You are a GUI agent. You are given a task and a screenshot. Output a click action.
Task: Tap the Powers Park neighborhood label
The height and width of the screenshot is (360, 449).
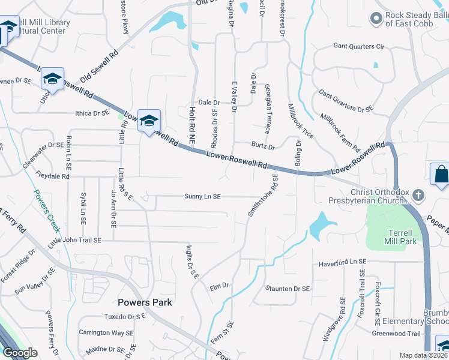(145, 302)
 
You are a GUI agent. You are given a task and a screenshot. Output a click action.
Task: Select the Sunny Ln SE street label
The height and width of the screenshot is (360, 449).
(203, 196)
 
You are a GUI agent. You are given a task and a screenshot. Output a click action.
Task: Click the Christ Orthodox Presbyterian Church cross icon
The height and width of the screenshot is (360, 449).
(419, 195)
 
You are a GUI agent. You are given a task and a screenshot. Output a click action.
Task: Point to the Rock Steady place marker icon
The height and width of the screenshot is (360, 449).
(376, 19)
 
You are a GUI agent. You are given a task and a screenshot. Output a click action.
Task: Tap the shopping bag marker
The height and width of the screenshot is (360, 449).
(441, 175)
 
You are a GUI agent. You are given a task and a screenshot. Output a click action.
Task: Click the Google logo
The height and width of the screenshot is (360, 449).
(20, 353)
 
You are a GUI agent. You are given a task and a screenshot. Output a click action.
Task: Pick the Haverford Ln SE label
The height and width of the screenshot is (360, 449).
(342, 262)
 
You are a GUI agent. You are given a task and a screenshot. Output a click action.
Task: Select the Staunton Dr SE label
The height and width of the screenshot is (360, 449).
(289, 289)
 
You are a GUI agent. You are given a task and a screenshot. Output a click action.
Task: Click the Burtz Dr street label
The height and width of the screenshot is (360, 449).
(263, 146)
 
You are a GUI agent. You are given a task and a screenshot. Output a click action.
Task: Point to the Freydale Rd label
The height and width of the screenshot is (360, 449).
(53, 177)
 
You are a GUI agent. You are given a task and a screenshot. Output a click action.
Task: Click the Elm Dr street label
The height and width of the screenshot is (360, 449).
(220, 286)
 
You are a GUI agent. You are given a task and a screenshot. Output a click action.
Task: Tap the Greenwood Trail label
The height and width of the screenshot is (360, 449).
(396, 334)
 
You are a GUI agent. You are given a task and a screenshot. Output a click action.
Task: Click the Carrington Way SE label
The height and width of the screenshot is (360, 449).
(106, 332)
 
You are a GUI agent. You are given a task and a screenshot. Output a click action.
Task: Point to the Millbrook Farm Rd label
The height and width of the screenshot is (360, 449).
(340, 132)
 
